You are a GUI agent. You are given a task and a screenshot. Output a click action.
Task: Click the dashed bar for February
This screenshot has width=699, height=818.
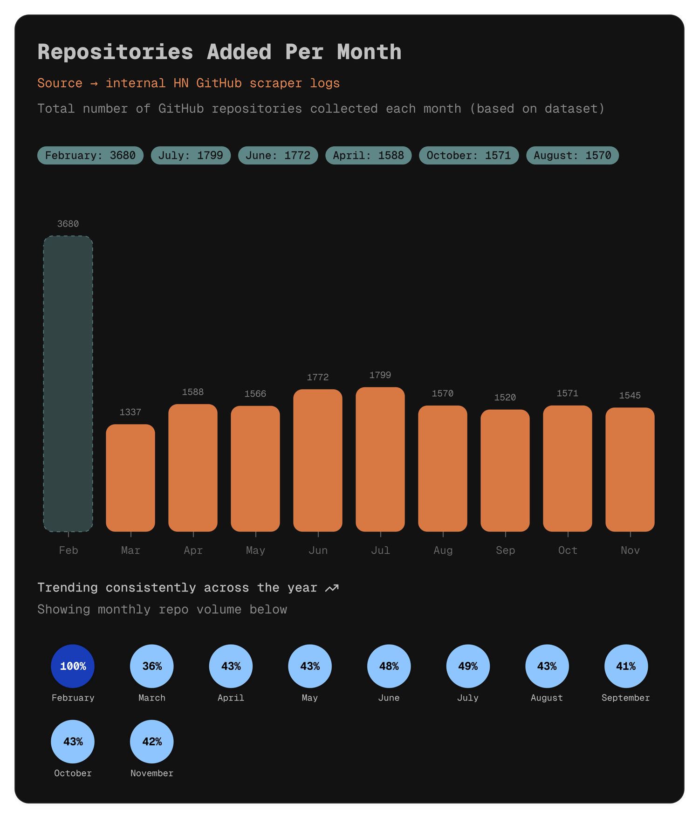[x=68, y=383]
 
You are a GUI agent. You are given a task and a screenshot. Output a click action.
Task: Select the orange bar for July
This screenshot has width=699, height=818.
[x=380, y=459]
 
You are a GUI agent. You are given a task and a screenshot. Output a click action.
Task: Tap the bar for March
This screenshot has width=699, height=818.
[x=130, y=478]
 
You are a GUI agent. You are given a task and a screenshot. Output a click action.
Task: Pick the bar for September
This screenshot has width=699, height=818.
[x=505, y=470]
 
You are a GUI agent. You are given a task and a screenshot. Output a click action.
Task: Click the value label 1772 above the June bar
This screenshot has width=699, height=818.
[x=318, y=377]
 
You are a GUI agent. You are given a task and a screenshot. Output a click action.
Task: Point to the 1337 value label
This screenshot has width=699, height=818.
[x=130, y=412]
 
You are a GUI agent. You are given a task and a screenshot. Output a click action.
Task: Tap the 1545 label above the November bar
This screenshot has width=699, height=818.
[x=630, y=395]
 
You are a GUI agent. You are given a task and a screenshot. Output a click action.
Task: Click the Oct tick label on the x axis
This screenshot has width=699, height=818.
[x=568, y=550]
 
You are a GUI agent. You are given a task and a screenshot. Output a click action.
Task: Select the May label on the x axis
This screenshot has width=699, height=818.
[x=255, y=550]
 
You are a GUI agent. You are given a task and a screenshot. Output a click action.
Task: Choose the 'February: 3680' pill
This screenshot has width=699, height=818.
[x=90, y=155]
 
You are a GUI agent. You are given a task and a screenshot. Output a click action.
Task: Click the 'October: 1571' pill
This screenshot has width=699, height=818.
[x=469, y=155]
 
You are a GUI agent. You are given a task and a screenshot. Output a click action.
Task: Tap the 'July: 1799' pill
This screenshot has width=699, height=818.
[x=191, y=155]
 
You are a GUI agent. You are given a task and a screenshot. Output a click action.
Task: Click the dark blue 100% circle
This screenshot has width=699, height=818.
[x=73, y=666]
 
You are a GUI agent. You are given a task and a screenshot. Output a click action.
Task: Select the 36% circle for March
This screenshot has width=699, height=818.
[x=152, y=666]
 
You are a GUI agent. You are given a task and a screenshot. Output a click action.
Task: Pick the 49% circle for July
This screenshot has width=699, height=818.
[x=468, y=666]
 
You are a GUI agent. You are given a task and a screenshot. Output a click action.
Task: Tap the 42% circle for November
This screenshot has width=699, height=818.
[x=152, y=742]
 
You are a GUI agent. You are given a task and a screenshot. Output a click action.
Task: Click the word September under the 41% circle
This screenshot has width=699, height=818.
[x=625, y=698]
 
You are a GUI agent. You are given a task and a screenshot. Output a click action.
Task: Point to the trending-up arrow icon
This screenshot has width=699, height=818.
[x=332, y=588]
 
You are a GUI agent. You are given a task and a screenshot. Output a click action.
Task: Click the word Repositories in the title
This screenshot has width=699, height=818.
[x=115, y=52]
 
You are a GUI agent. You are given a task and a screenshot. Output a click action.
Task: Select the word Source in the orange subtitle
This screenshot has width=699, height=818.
[x=60, y=83]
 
